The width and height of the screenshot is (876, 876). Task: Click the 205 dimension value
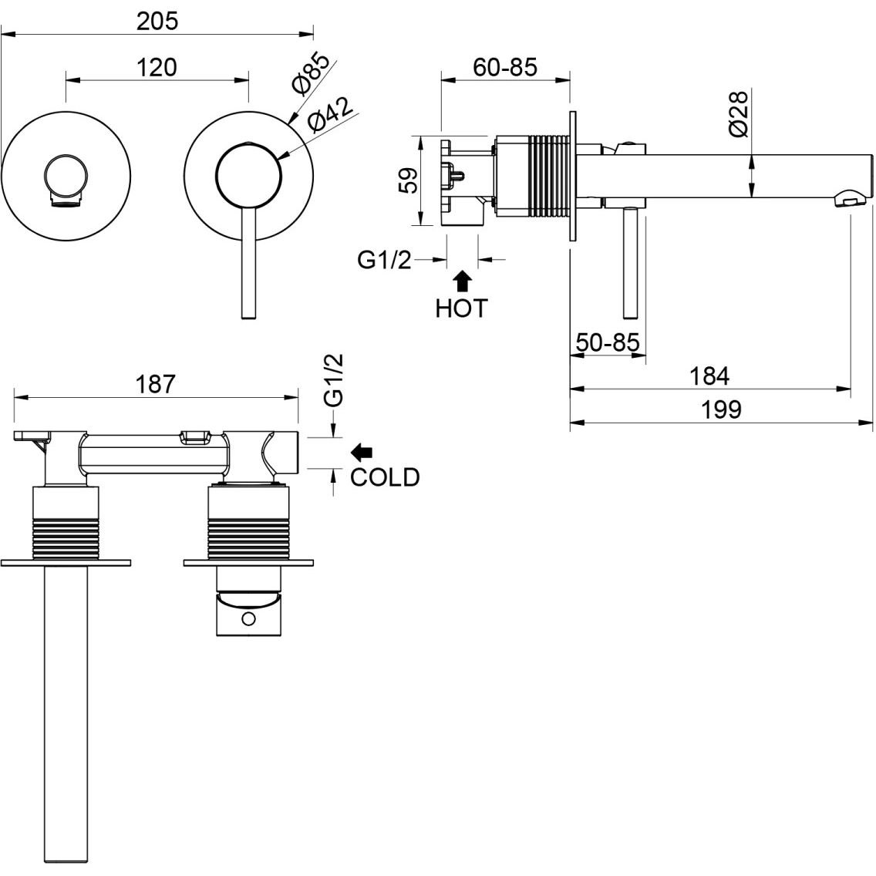click(157, 21)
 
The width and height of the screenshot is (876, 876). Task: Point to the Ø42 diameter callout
click(329, 116)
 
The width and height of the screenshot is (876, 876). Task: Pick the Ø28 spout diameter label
click(738, 113)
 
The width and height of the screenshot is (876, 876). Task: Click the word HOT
click(461, 308)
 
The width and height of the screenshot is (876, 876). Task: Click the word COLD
click(385, 477)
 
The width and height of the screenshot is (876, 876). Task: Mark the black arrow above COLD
click(361, 450)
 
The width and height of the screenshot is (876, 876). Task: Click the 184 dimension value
click(710, 376)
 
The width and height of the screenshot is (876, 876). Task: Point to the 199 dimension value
click(722, 409)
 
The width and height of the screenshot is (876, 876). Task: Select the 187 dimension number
click(157, 383)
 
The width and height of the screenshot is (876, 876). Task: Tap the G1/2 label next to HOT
click(385, 261)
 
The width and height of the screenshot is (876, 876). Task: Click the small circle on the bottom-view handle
click(248, 618)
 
